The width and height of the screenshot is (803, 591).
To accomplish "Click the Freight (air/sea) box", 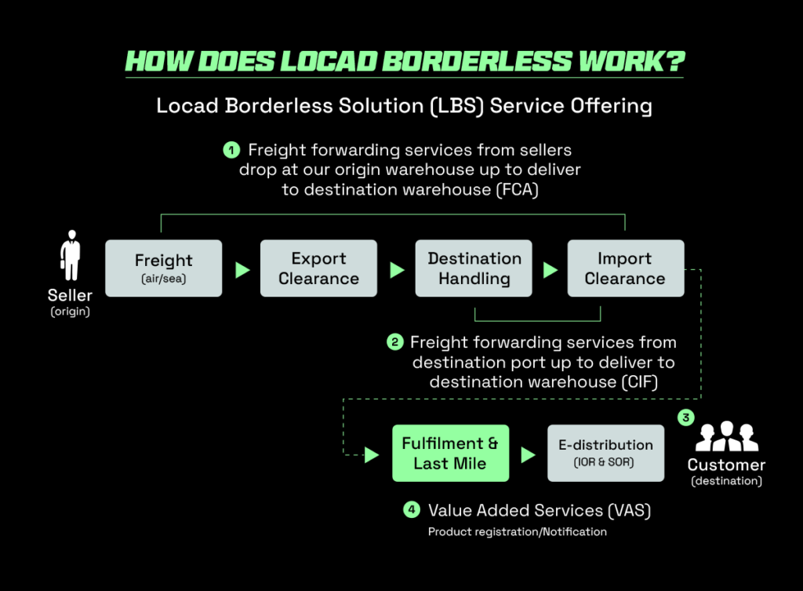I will click(163, 268).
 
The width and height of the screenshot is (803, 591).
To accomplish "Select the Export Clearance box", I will click(318, 268).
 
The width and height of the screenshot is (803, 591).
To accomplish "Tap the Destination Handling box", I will click(474, 268).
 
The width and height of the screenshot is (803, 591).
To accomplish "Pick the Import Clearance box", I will click(625, 268).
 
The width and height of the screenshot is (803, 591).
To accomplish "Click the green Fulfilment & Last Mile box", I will click(450, 454).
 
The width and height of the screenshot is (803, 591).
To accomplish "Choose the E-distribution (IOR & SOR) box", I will click(605, 454).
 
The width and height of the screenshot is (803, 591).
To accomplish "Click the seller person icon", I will click(71, 256).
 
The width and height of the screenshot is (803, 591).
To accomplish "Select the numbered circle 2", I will click(394, 342).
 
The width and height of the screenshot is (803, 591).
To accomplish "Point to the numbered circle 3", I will click(686, 418).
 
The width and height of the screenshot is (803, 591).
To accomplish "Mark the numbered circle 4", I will click(412, 510).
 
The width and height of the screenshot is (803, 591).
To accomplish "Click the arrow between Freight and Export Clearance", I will click(242, 270).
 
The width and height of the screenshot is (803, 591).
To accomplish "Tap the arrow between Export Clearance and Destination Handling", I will click(397, 270).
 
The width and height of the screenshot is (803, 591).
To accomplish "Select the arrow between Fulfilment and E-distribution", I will click(529, 454).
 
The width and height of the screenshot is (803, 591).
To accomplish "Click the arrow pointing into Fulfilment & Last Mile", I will click(372, 454).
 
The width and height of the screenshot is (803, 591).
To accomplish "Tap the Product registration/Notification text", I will click(517, 532).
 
